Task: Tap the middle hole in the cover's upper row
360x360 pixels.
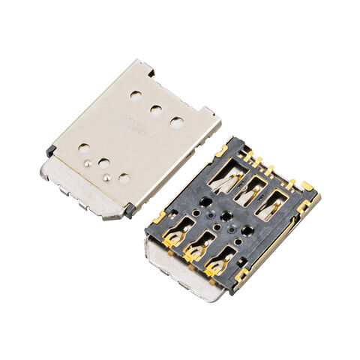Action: tap(156, 109)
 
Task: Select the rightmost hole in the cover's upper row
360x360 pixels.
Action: tap(176, 121)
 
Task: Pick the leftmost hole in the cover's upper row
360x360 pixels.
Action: tap(136, 96)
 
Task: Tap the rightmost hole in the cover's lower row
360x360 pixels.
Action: tap(124, 178)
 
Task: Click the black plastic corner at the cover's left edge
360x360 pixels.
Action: tap(50, 151)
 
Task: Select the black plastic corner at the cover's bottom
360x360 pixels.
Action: tap(129, 211)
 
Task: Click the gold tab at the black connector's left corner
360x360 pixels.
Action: tap(158, 218)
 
